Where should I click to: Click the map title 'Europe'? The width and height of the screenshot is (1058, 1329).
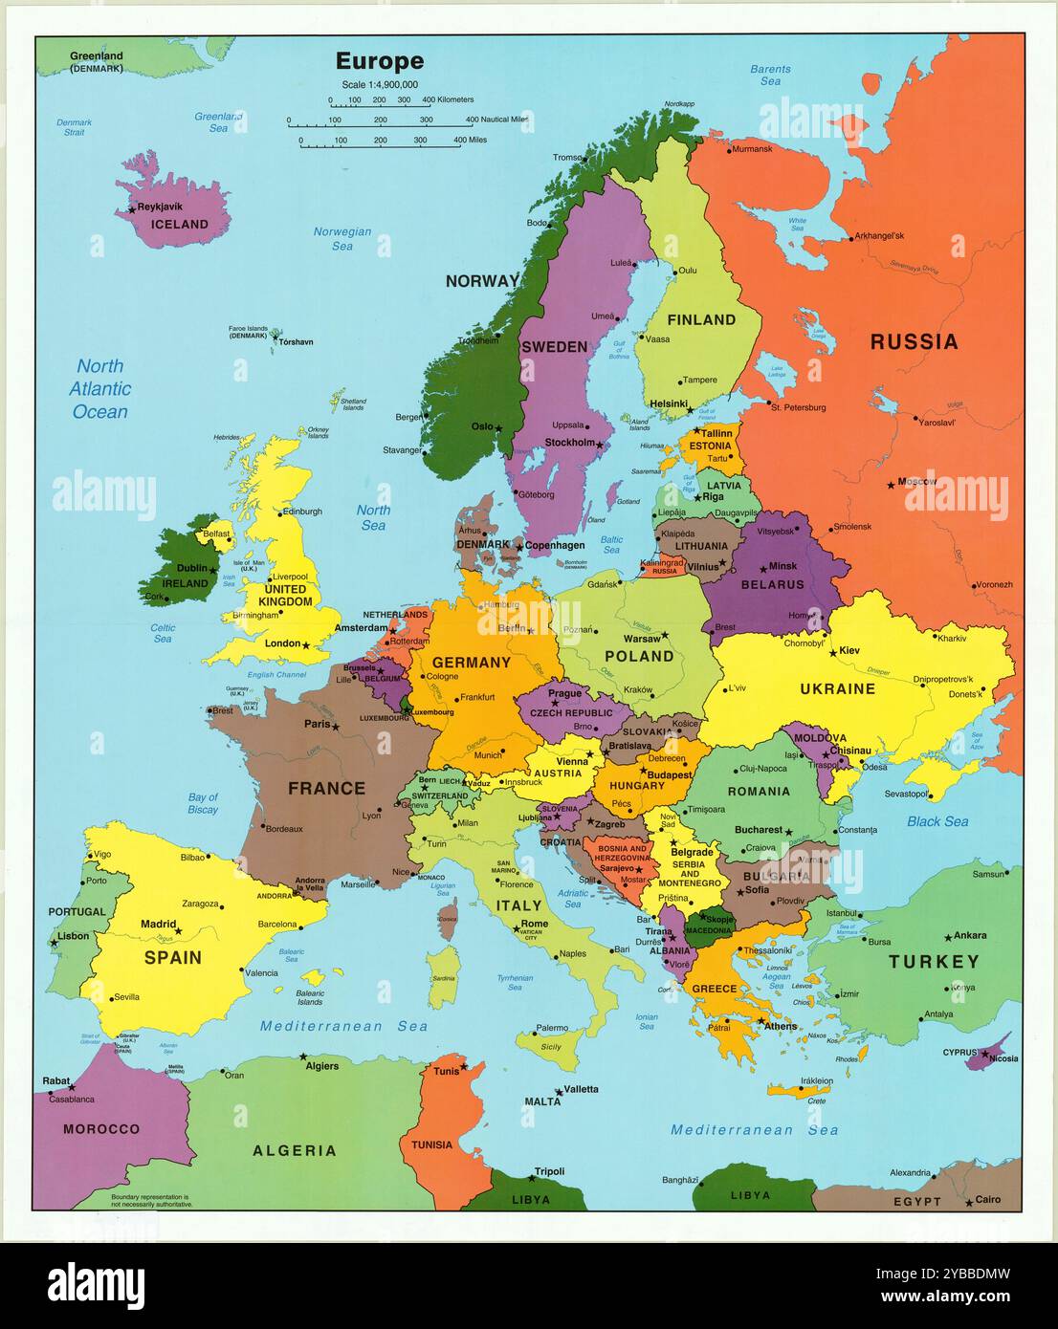379,61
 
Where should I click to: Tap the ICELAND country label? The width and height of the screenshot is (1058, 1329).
181,224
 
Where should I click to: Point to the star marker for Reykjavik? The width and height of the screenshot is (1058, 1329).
131,210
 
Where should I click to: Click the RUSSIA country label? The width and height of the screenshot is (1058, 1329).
914,341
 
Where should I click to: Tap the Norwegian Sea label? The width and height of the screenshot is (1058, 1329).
342,238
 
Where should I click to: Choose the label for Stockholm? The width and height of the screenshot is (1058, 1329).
569,443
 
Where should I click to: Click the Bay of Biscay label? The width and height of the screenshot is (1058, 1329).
203,803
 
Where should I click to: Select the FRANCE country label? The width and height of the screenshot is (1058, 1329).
326,788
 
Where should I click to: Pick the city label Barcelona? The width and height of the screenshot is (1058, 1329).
277,925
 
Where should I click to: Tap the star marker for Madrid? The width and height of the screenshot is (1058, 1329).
179,929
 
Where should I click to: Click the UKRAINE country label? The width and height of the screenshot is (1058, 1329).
837,688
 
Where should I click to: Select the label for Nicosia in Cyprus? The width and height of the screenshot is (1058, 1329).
1003,1058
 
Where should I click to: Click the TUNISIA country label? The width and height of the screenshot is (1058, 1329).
431,1144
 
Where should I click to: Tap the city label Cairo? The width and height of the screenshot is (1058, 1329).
988,1199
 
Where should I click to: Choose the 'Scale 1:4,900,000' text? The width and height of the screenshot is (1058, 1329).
379,84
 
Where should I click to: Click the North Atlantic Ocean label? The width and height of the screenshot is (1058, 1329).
99,388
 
